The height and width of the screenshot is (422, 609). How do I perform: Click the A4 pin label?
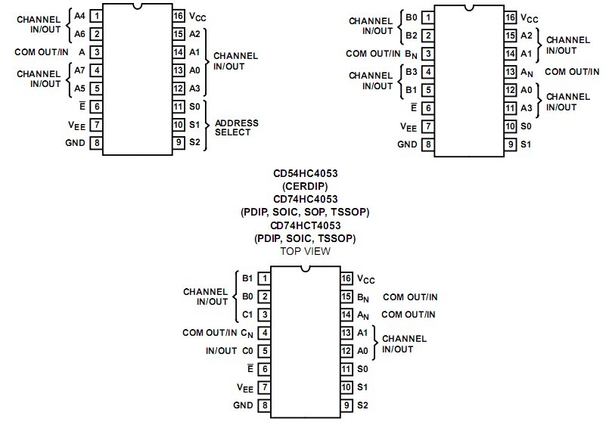point(79,16)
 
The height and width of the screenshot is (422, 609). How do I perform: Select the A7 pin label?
point(79,70)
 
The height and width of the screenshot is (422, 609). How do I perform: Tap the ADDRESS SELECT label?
point(237,128)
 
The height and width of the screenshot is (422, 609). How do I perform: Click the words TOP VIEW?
point(306,251)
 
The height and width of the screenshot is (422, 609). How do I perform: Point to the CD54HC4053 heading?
point(306,173)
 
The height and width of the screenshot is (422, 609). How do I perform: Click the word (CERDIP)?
point(306,186)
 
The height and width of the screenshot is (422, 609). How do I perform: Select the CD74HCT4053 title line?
point(306,225)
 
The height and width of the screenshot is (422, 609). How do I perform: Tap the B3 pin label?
point(412,72)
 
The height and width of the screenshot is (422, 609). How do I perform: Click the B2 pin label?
point(412,36)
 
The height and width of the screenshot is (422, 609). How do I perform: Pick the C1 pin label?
point(247,315)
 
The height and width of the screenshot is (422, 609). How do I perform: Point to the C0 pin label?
point(247,351)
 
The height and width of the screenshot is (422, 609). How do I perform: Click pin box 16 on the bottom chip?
point(346,278)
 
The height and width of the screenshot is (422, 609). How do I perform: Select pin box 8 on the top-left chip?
point(97,143)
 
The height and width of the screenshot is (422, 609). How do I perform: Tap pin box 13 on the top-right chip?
point(511,72)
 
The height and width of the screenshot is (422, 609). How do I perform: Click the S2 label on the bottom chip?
point(362,405)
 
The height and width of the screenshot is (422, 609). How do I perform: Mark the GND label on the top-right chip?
point(407,144)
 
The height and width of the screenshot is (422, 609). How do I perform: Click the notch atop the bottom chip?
point(306,268)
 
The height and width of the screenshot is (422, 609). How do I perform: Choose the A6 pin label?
point(79,34)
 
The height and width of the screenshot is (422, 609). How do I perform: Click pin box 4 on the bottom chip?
point(265,333)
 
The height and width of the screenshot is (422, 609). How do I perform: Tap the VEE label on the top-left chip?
point(76,126)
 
